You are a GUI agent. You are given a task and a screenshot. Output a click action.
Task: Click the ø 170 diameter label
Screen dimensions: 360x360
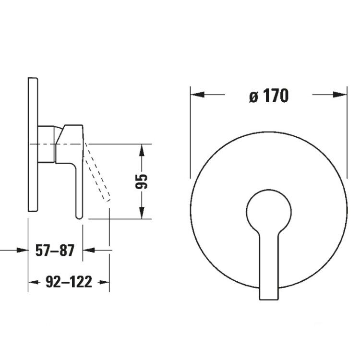[269, 96]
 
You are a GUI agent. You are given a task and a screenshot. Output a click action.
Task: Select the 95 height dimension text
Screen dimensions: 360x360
[141, 181]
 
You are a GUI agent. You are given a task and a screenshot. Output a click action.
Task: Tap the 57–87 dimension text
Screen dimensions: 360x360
[55, 250]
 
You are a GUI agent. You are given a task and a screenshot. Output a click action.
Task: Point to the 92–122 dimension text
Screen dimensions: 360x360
[69, 282]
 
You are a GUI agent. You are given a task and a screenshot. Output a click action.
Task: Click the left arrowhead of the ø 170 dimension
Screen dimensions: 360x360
[197, 95]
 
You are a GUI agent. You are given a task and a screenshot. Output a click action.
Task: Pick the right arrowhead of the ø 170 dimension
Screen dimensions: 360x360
[340, 95]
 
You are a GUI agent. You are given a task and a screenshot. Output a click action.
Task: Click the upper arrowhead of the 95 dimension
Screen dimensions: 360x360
[142, 151]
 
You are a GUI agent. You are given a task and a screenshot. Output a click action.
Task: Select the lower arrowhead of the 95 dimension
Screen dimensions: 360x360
[142, 213]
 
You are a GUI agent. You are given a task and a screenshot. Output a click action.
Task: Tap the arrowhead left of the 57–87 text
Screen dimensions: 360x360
[22, 250]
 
